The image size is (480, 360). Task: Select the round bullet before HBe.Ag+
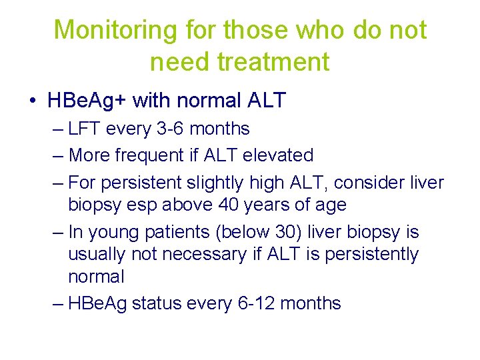click(33, 101)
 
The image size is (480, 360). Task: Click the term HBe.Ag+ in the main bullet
click(88, 101)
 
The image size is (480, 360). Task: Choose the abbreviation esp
click(150, 205)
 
